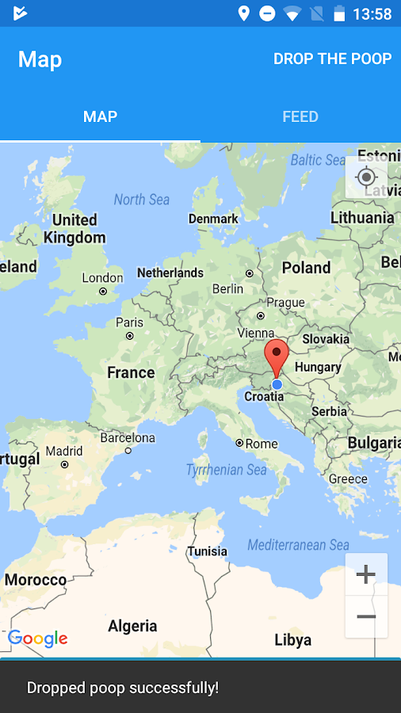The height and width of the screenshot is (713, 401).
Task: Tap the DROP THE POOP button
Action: (x=332, y=59)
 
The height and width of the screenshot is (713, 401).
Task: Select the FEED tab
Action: (x=300, y=116)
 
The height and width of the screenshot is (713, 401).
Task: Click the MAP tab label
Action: (x=100, y=116)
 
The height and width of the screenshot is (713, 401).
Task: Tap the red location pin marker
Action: (x=276, y=356)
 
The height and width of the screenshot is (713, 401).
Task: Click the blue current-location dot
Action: (x=277, y=384)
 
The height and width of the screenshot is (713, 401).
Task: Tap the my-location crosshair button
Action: (x=366, y=177)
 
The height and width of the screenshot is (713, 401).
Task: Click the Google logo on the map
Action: (x=37, y=639)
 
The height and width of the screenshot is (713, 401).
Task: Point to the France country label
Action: (x=131, y=372)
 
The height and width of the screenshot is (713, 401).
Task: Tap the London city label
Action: (x=102, y=278)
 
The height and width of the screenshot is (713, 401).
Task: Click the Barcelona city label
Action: (x=128, y=437)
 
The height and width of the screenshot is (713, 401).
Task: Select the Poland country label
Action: (x=306, y=268)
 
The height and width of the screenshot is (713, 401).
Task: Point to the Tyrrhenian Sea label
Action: (x=226, y=470)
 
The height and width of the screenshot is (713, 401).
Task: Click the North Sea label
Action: (x=141, y=200)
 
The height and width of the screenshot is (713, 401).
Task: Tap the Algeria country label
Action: (x=132, y=626)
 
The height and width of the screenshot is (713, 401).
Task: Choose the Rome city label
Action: (x=261, y=444)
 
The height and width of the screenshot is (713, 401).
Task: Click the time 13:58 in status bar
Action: (x=372, y=14)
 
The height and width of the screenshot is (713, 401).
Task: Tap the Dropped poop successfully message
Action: (x=123, y=688)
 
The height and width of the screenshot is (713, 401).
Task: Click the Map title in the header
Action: (x=40, y=59)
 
